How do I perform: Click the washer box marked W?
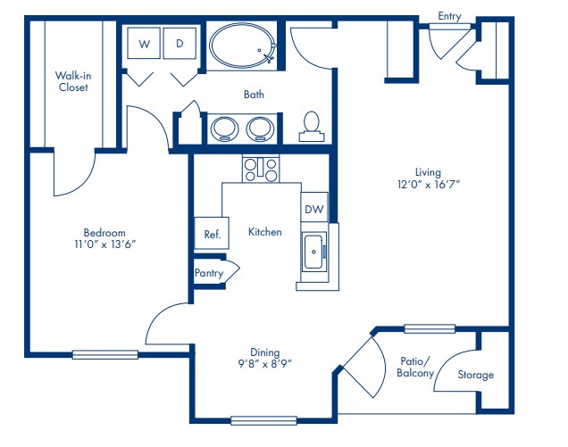pos(144,44)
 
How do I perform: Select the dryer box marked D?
pos(180,44)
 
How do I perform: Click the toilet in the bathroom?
pos(312,124)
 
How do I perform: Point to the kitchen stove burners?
pos(260,168)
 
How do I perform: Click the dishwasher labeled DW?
pos(313,209)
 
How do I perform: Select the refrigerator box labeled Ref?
pos(212,234)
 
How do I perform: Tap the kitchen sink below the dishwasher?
pos(314,252)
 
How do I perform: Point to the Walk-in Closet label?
pos(72,81)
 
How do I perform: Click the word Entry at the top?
pos(450,15)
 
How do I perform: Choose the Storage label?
pos(475,375)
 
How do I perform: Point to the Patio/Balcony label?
pos(415,367)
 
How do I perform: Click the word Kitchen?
pos(265,232)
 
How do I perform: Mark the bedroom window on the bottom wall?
pos(105,354)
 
